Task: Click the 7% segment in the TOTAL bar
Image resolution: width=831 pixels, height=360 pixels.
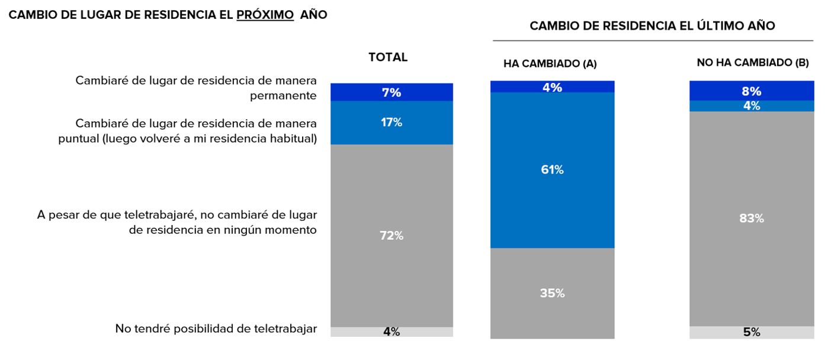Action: [x=392, y=92]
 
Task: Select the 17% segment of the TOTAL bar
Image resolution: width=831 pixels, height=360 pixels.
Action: [x=392, y=123]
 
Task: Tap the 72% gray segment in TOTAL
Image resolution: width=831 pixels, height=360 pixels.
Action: [x=392, y=236]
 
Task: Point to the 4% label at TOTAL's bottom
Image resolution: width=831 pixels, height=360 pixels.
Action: [x=392, y=332]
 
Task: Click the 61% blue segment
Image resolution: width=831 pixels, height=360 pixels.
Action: [x=552, y=170]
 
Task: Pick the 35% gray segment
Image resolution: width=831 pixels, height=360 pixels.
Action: [x=552, y=293]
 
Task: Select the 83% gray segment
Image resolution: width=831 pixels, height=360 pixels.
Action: [x=752, y=218]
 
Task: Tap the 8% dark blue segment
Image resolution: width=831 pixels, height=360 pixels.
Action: [x=752, y=91]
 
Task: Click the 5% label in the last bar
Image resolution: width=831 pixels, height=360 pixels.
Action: [x=752, y=333]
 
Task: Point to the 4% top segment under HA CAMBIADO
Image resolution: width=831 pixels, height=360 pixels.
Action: [x=552, y=87]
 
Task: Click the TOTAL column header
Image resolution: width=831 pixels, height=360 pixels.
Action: [x=388, y=57]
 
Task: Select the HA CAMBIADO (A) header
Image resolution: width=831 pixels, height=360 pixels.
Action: [x=550, y=63]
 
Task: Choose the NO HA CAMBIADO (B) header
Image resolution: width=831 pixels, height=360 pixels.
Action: [x=752, y=62]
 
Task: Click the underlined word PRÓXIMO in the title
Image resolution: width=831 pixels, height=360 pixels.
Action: [x=265, y=15]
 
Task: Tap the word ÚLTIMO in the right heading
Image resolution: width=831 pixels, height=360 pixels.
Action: [x=707, y=25]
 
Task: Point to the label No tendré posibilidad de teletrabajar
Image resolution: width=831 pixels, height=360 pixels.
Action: [x=216, y=329]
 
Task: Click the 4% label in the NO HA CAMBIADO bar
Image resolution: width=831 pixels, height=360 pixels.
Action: [x=752, y=106]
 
